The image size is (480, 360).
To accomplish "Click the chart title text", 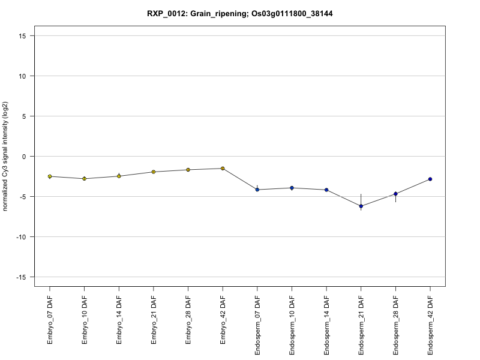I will (240, 13).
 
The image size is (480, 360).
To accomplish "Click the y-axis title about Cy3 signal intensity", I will (5, 157).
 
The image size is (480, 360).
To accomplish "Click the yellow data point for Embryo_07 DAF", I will (50, 176).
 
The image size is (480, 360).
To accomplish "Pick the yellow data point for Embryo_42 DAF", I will (223, 169).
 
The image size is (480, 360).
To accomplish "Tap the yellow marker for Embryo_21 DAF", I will (154, 172).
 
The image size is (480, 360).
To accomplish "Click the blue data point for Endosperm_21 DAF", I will (361, 206).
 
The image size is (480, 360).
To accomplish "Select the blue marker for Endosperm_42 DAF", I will (430, 179).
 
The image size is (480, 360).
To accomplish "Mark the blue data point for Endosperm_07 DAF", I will (257, 190).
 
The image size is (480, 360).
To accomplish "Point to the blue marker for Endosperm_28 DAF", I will (395, 194).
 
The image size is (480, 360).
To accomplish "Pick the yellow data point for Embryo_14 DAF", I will (119, 176).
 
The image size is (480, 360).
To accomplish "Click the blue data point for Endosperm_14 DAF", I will (326, 190).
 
